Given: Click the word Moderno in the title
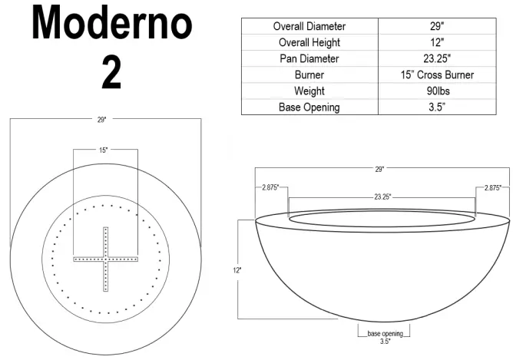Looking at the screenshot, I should click(111, 25).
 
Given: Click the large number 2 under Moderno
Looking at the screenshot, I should click(112, 72).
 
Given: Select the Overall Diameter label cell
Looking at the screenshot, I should click(309, 26).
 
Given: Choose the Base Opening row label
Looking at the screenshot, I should click(309, 107).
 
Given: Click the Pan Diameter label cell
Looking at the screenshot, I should click(309, 58).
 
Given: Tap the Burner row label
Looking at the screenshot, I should click(309, 74).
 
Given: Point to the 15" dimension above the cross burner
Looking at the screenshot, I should click(104, 150).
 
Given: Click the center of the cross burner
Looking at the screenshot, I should click(104, 260).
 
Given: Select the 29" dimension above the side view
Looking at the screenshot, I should click(379, 168).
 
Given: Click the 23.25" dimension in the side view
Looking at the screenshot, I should click(382, 197).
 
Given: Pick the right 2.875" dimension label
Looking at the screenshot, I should click(493, 187).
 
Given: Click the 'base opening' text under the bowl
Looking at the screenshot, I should click(385, 334).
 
